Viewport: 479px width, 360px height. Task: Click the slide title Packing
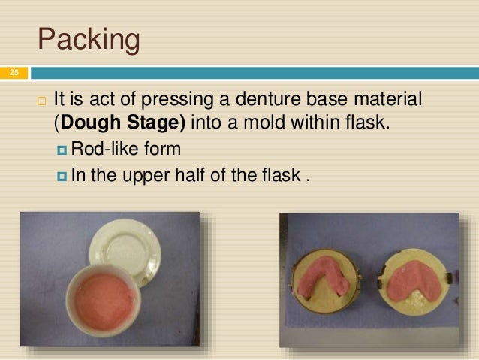coord(89,40)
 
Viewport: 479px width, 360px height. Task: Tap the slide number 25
coord(14,73)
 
